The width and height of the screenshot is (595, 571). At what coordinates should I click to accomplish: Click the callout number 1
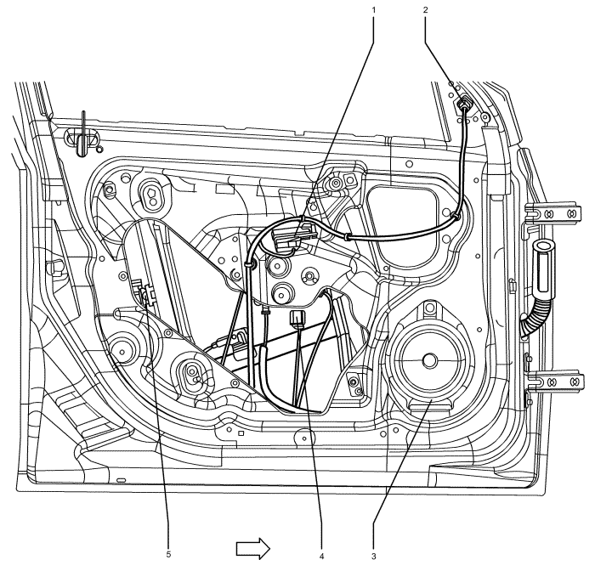coord(373,9)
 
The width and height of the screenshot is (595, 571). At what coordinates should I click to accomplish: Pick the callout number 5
coord(167,557)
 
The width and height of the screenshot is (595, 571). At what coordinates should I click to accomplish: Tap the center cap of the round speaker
coord(428,359)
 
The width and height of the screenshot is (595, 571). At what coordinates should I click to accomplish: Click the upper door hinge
coord(558,214)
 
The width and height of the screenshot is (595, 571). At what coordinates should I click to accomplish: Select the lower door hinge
coord(556,382)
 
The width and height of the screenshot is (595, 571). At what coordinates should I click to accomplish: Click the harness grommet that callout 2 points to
coord(464,105)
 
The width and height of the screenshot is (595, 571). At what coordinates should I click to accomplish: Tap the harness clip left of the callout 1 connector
coord(252,265)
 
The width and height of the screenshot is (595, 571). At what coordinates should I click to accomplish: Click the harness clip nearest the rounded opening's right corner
coord(457,218)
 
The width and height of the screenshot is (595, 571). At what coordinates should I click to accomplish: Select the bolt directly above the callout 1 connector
coord(337,183)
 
